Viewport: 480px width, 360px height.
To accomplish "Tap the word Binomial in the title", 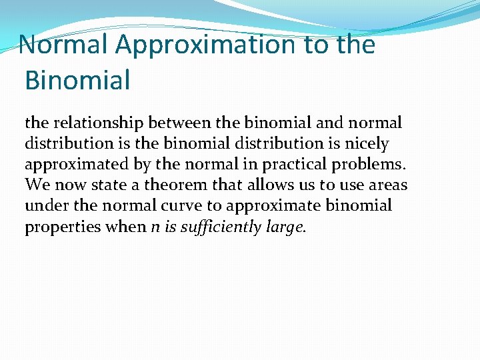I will [x=77, y=80].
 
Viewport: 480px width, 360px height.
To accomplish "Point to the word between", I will [x=183, y=123].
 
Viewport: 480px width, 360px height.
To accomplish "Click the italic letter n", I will [x=155, y=227].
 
